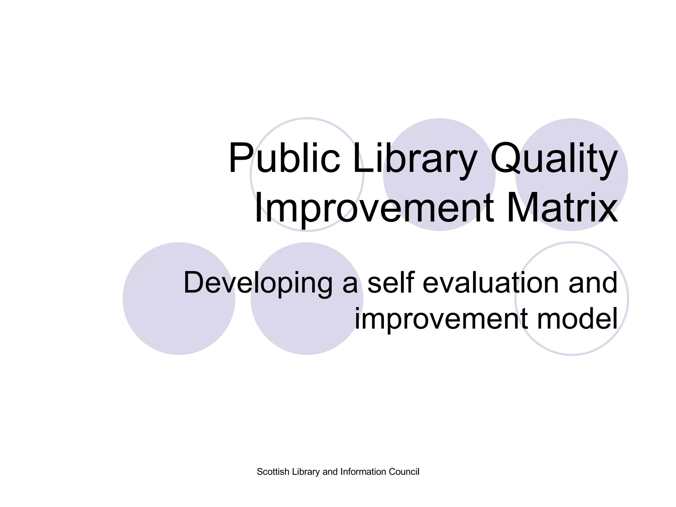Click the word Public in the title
(x=284, y=158)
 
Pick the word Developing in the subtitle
(x=257, y=283)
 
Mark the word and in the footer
(x=330, y=472)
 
